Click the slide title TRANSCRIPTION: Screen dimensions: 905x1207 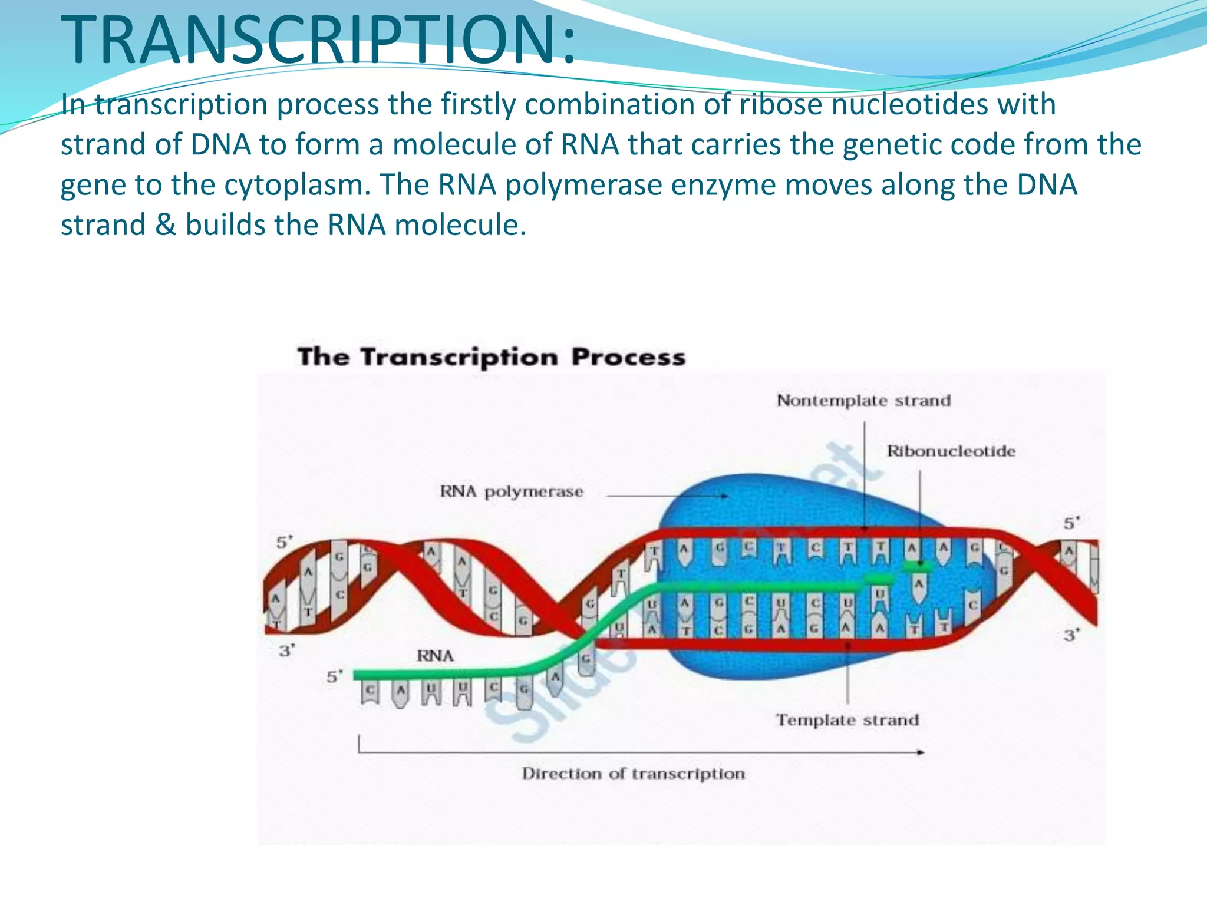[x=318, y=40]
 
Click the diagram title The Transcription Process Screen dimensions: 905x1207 [x=491, y=358]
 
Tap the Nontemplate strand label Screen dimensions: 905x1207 [x=863, y=401]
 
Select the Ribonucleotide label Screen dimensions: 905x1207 [x=951, y=451]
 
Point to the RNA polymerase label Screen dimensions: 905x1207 [x=511, y=492]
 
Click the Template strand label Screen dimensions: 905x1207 [x=847, y=720]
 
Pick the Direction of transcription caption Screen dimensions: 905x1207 [x=633, y=774]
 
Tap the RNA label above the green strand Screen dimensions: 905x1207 [x=435, y=656]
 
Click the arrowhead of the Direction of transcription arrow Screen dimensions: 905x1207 [x=920, y=752]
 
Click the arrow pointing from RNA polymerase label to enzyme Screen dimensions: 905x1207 [x=666, y=496]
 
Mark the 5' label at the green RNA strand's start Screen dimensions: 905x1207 [x=334, y=677]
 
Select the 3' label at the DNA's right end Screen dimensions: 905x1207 [x=1071, y=635]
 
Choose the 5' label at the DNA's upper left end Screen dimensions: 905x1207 [x=285, y=542]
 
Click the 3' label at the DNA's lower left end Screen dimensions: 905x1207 [x=286, y=651]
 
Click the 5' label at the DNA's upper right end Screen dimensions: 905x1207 [x=1071, y=523]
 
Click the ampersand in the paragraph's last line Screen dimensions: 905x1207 [x=166, y=225]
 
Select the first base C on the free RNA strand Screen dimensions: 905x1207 [x=370, y=690]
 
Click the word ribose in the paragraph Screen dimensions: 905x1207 [x=780, y=105]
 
